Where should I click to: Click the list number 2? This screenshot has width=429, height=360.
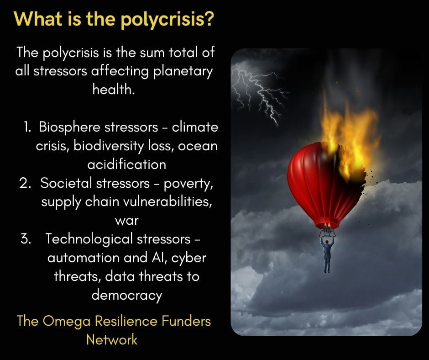(x=25, y=183)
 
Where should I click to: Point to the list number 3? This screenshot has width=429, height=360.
(x=26, y=239)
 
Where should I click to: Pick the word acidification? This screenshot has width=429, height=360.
(x=127, y=164)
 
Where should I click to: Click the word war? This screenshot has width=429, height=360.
(x=127, y=221)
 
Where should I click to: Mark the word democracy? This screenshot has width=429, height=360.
(x=127, y=295)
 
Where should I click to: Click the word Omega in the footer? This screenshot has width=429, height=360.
(x=67, y=321)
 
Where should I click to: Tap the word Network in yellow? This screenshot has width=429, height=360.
(x=112, y=340)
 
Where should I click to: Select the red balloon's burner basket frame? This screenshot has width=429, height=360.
(x=327, y=233)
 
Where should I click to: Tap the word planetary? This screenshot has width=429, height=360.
(x=183, y=72)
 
